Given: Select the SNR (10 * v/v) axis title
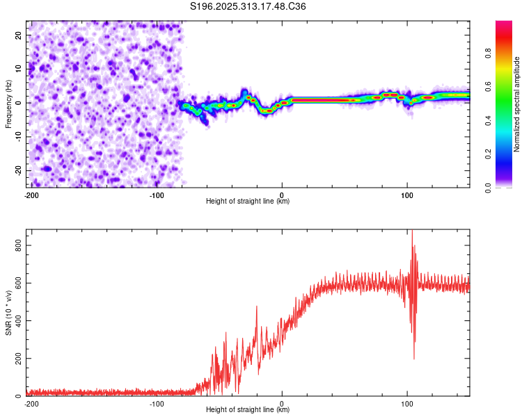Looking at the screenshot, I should tap(8, 313).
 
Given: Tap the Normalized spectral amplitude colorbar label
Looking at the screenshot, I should tap(517, 104).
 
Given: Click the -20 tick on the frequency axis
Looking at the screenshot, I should tap(17, 170).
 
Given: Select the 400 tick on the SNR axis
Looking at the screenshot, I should tap(15, 321).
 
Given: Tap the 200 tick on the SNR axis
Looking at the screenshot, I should tap(15, 359).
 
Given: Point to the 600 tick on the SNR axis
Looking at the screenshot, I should tap(15, 284).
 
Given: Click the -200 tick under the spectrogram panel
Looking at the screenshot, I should tap(31, 195).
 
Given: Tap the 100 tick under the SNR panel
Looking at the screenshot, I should tap(407, 403).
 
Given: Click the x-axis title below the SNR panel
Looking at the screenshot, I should tap(248, 411).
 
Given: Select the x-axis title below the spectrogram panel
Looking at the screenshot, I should tap(248, 202).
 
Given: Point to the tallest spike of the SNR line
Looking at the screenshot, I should tap(412, 231).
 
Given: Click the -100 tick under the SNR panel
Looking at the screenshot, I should tap(157, 403).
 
